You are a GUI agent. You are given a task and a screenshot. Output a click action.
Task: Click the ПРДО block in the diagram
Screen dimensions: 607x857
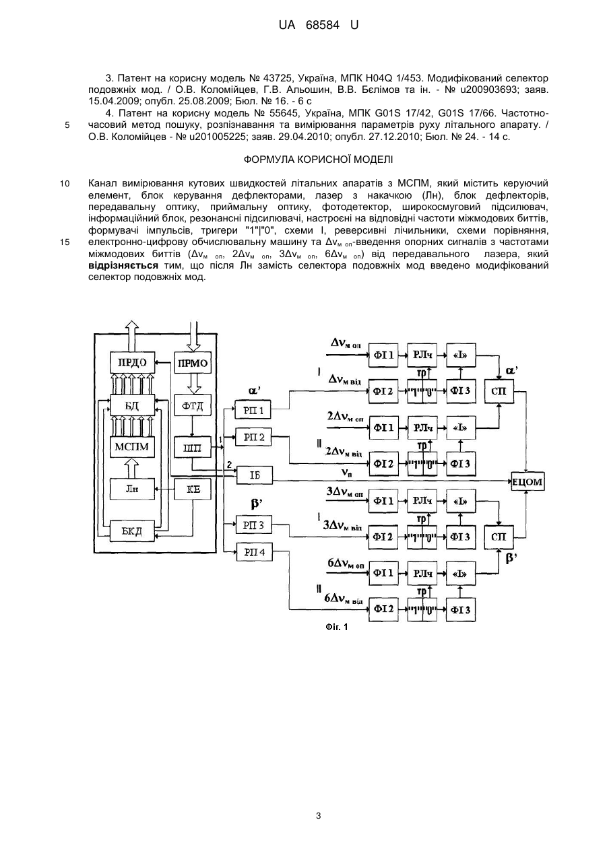[x=132, y=362]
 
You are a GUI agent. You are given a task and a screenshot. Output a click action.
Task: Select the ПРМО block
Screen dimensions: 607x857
[x=193, y=363]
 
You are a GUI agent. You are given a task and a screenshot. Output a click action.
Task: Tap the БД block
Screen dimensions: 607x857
[x=132, y=405]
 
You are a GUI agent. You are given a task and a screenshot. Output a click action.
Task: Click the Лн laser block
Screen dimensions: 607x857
[x=132, y=489]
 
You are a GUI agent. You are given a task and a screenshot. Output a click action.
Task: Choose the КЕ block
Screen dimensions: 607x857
[x=193, y=489]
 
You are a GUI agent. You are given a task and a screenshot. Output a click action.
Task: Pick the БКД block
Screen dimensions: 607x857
[x=132, y=530]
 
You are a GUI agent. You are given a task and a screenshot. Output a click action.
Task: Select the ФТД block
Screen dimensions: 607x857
[x=193, y=405]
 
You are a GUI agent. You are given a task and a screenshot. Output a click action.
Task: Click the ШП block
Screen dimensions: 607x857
[x=193, y=447]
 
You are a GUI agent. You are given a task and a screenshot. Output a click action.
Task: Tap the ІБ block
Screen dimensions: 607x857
[x=254, y=475]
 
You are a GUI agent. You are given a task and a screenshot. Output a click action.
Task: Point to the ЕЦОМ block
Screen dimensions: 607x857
[x=528, y=481]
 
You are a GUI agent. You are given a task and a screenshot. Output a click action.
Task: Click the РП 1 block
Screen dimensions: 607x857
[x=253, y=410]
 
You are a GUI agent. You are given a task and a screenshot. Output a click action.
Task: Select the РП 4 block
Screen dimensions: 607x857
[x=254, y=552]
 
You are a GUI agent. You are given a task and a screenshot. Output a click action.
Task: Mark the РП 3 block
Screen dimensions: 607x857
[x=254, y=524]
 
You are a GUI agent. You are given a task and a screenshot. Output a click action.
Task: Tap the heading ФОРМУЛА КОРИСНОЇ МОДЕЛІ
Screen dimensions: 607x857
[x=318, y=160]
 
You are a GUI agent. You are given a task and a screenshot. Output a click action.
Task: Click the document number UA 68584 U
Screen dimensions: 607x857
[x=319, y=25]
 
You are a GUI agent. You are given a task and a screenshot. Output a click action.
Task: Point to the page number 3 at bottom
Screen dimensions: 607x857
[x=319, y=816]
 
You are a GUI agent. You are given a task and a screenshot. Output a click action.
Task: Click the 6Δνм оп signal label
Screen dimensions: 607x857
[x=346, y=563]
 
